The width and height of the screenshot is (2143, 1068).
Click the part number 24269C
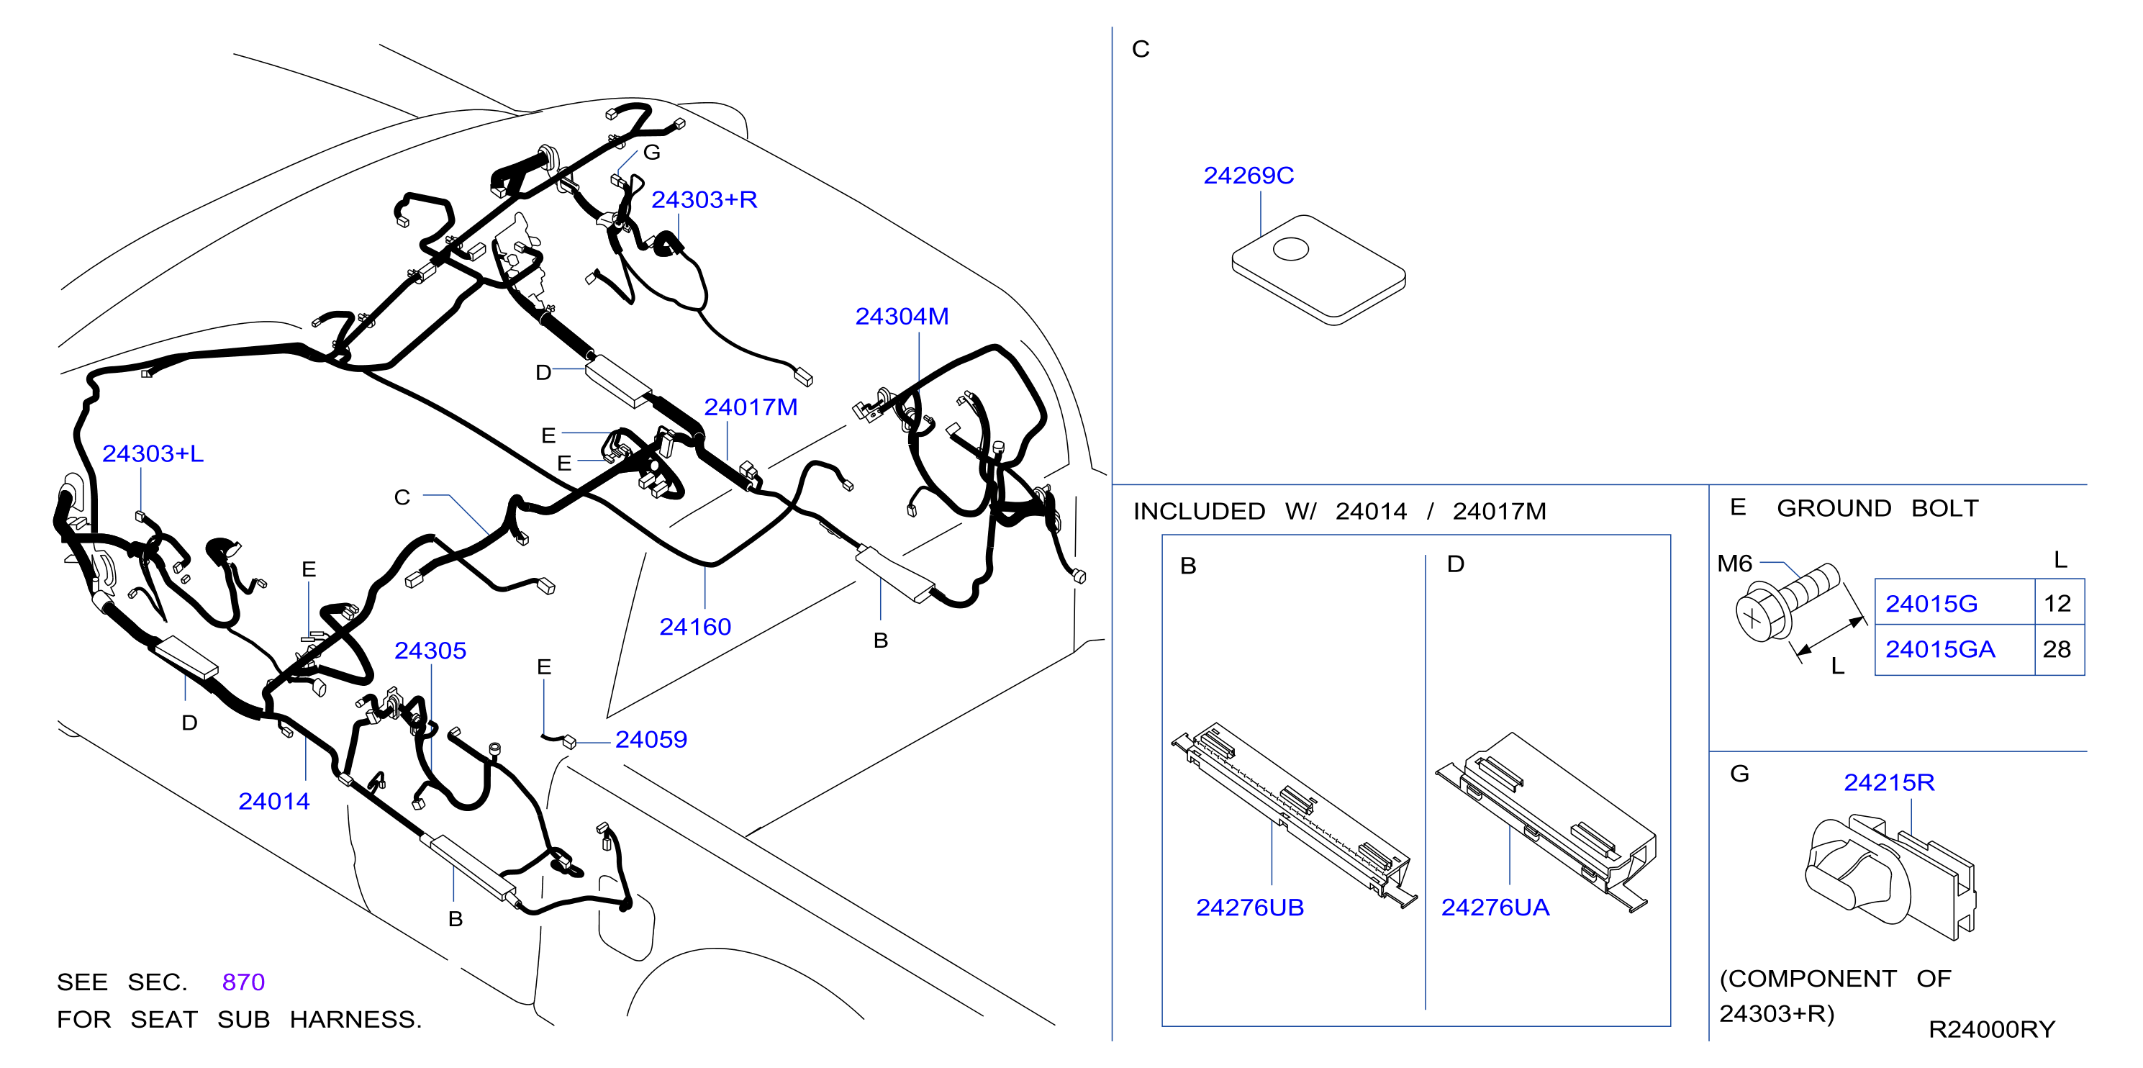click(x=1248, y=176)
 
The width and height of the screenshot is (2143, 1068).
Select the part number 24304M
click(x=902, y=316)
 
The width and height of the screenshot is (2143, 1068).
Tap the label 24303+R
click(x=704, y=199)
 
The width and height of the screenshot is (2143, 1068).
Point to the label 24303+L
click(x=153, y=453)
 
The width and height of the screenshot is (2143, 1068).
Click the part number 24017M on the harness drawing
click(x=751, y=407)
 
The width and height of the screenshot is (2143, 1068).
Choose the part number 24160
click(x=694, y=626)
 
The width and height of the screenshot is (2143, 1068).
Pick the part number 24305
click(x=430, y=651)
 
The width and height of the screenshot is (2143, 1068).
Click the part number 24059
click(x=651, y=739)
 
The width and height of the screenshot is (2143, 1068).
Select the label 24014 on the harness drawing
click(x=273, y=801)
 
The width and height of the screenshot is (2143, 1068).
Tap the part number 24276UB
click(x=1249, y=908)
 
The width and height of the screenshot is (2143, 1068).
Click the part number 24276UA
click(x=1495, y=908)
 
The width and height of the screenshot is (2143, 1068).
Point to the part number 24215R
click(x=1888, y=783)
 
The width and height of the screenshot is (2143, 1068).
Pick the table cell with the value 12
click(x=2059, y=602)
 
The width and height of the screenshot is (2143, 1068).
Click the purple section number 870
click(x=243, y=982)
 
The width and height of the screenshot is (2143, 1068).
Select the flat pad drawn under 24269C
click(x=1318, y=269)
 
